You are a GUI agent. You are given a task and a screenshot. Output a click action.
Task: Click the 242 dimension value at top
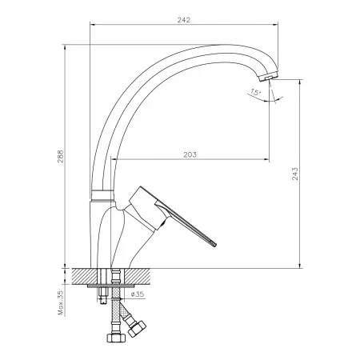[x=184, y=20]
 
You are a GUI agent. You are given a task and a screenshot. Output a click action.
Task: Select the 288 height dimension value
[x=61, y=156]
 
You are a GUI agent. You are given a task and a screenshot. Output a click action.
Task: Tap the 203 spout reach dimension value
[x=190, y=154]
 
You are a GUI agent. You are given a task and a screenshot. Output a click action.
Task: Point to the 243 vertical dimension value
[x=295, y=174]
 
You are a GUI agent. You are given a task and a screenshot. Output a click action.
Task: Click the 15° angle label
[x=255, y=93]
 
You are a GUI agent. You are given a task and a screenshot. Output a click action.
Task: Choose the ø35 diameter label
[x=138, y=294]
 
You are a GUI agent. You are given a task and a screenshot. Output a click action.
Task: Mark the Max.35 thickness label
[x=61, y=302]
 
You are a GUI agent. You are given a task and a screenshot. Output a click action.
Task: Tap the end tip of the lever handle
[x=214, y=245]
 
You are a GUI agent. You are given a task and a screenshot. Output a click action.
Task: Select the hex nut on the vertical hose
[x=116, y=338]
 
